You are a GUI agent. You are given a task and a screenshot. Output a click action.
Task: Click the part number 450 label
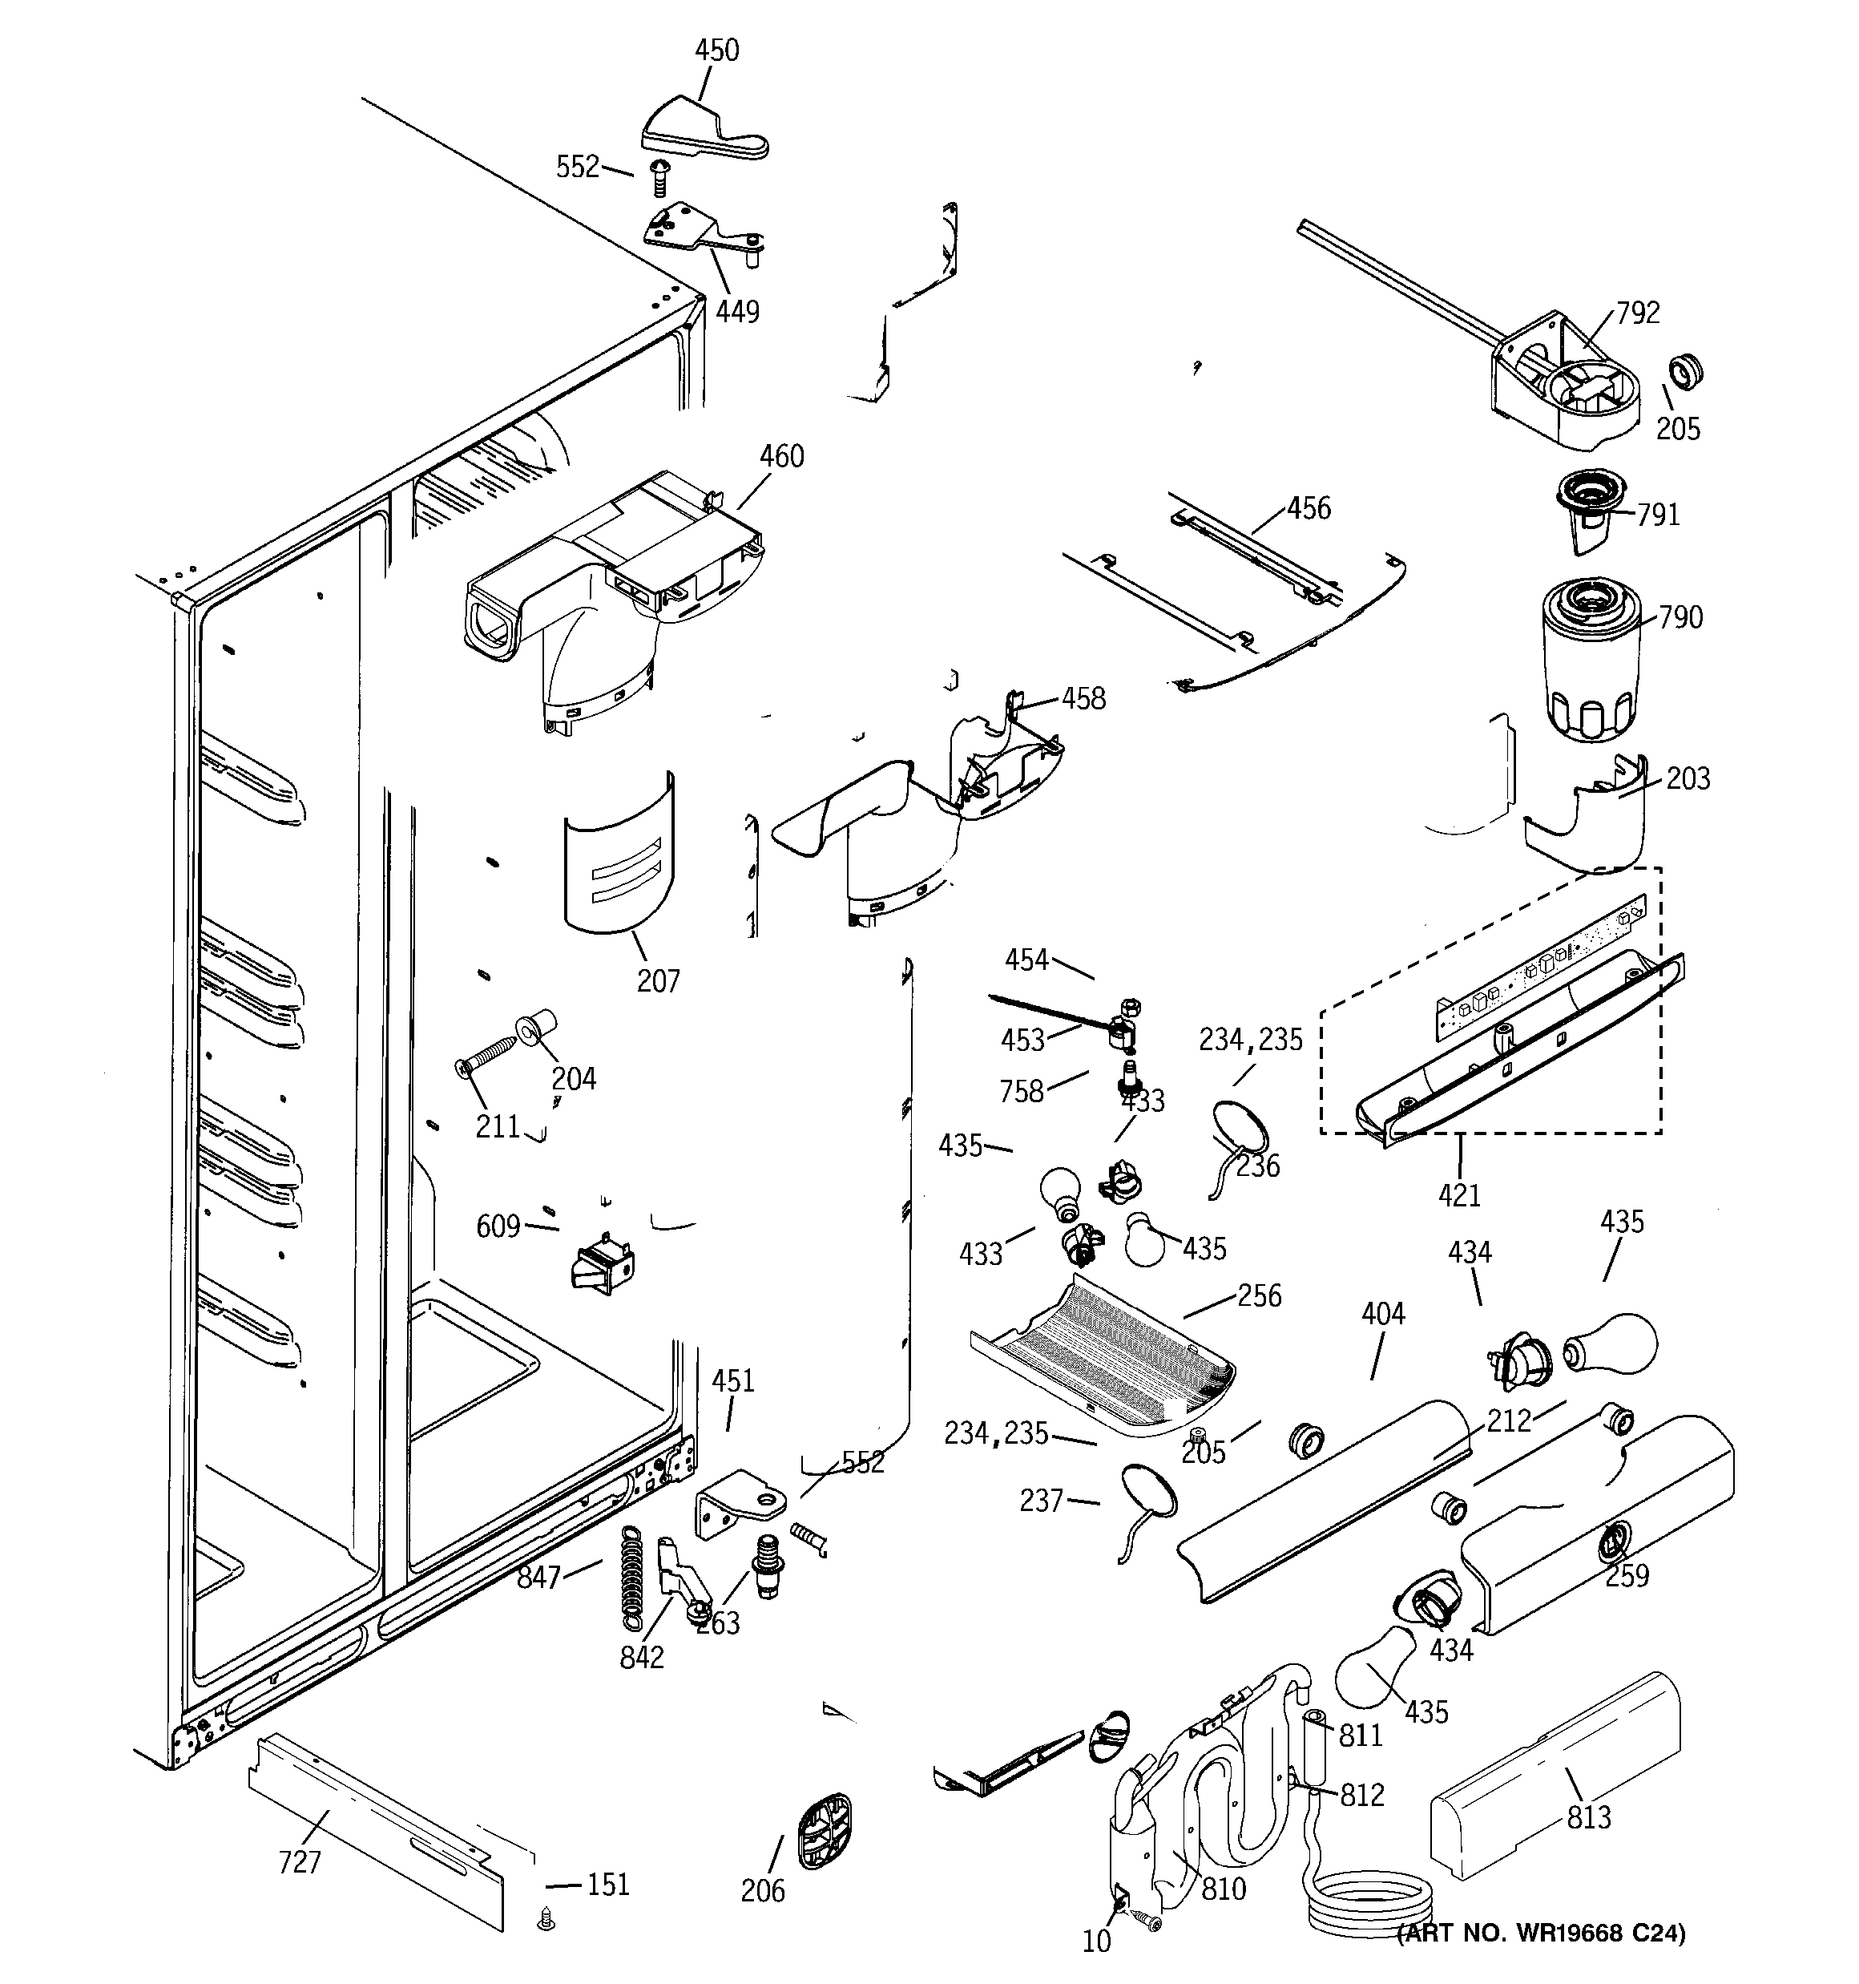(x=716, y=50)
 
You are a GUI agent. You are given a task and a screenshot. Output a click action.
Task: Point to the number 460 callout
(x=781, y=456)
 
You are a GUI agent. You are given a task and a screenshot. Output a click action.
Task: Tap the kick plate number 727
(x=300, y=1861)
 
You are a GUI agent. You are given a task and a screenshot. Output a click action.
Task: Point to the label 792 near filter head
(x=1638, y=313)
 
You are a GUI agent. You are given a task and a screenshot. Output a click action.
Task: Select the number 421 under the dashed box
(x=1459, y=1194)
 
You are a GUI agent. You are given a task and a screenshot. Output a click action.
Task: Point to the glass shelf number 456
(x=1309, y=508)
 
